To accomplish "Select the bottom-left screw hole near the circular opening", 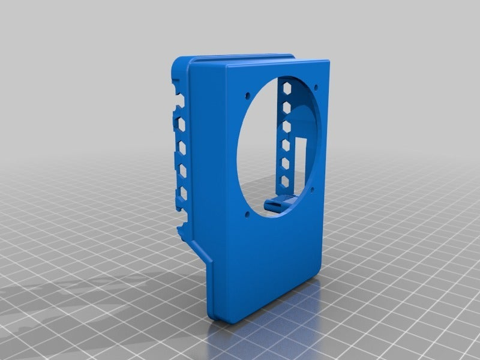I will click(247, 213).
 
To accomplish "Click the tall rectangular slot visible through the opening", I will click(302, 157).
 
